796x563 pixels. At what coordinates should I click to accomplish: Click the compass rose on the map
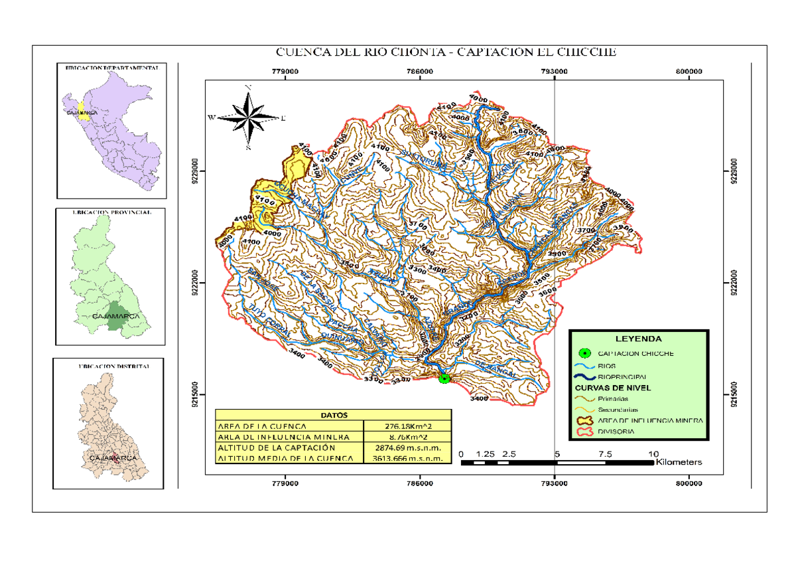click(x=248, y=117)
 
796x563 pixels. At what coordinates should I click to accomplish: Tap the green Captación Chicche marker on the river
click(x=444, y=378)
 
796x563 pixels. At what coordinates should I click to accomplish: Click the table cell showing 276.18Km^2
click(x=409, y=426)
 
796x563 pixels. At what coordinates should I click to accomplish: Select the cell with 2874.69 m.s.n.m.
click(x=409, y=448)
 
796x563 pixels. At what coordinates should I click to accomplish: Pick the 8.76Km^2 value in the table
click(x=409, y=437)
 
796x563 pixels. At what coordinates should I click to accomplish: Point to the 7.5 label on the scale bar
click(x=604, y=454)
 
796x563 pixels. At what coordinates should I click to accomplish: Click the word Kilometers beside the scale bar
click(x=679, y=462)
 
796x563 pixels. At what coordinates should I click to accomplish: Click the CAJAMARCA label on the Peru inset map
click(x=82, y=114)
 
